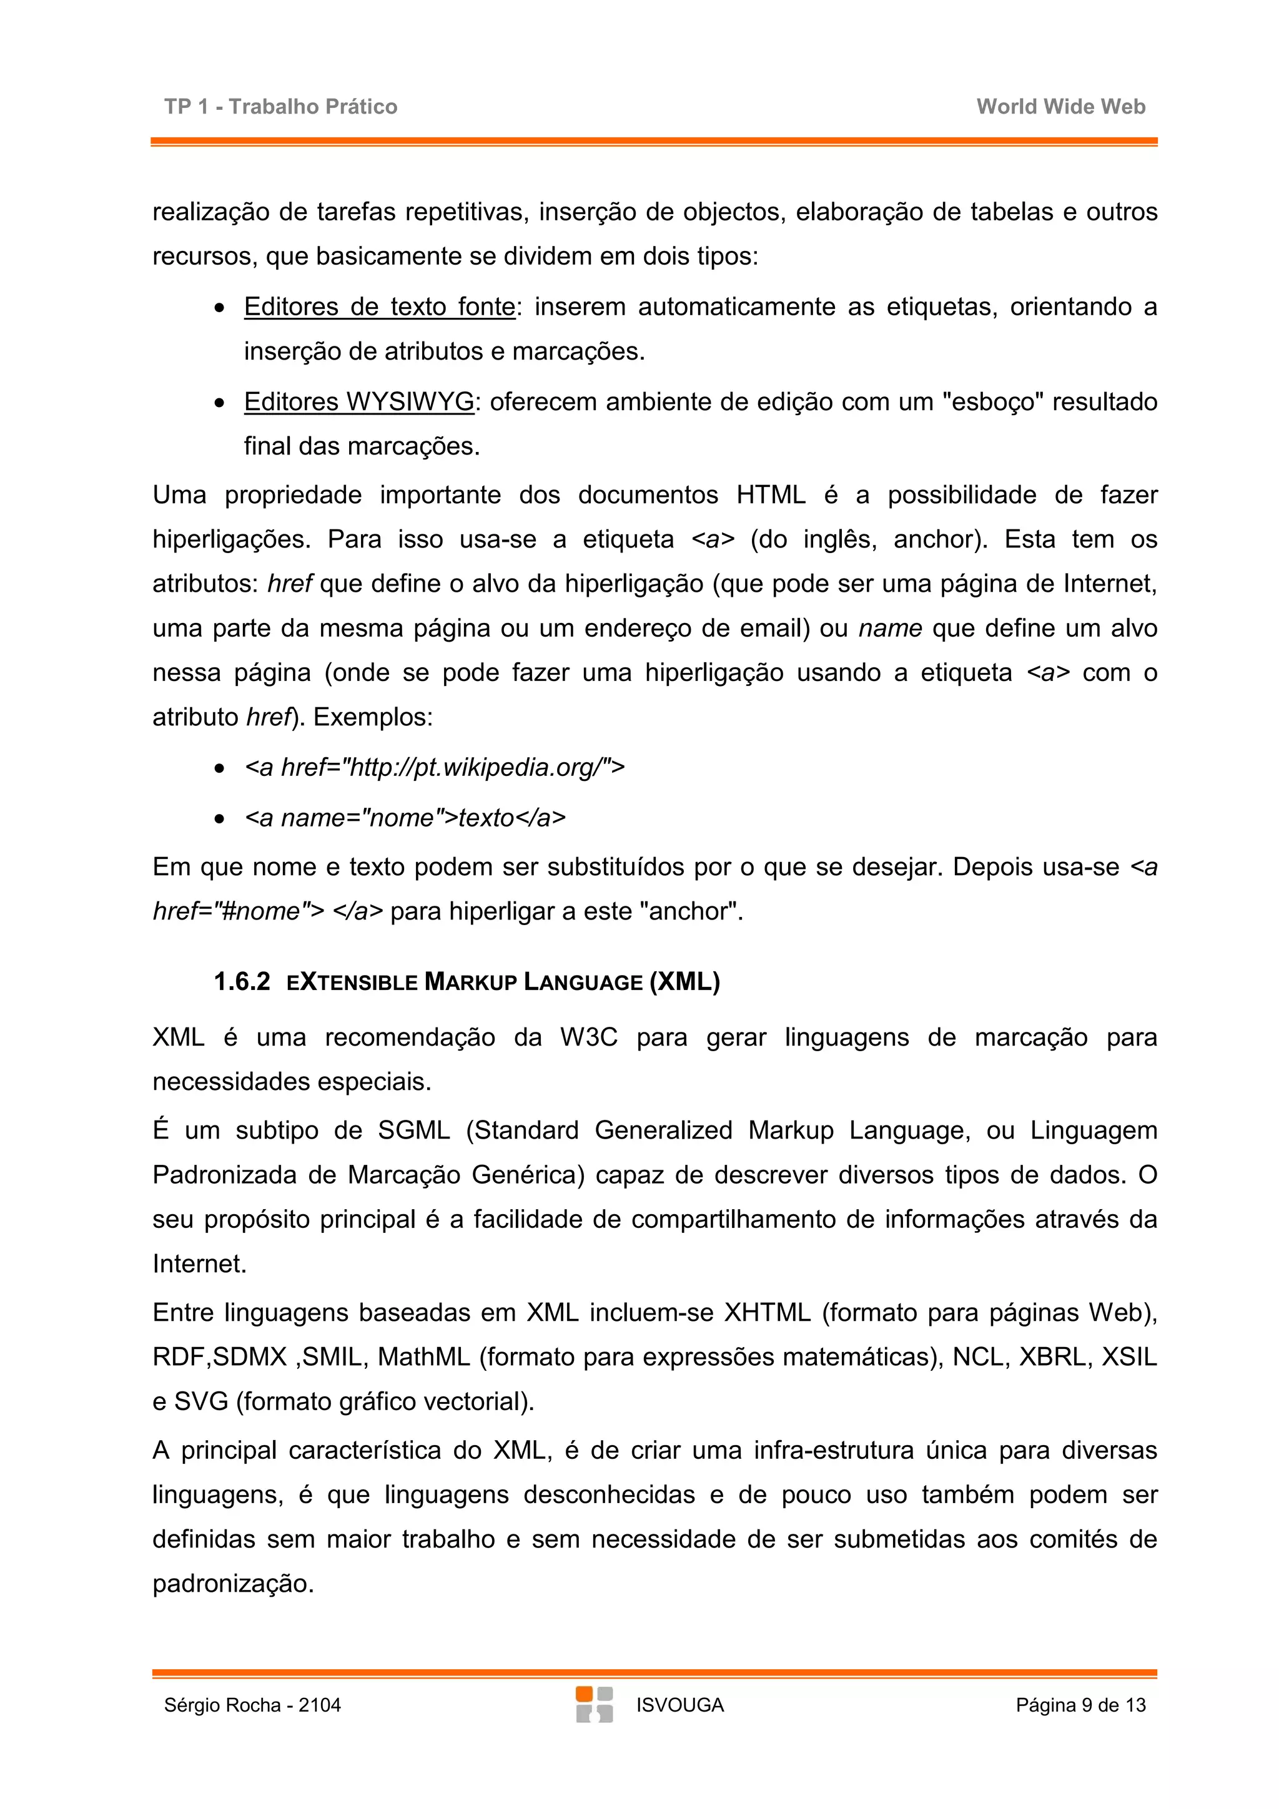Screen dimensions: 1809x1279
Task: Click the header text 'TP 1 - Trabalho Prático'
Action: click(x=280, y=106)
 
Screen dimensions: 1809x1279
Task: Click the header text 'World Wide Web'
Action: click(x=1060, y=106)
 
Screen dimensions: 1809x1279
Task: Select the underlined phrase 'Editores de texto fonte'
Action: click(x=379, y=306)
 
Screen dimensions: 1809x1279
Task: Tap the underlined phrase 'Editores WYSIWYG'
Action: click(x=359, y=402)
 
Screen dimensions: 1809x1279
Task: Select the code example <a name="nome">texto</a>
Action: click(x=405, y=818)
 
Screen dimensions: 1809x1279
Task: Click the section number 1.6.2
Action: click(x=241, y=982)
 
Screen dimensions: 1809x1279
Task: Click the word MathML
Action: click(x=423, y=1357)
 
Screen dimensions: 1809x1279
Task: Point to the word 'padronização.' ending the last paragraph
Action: click(x=234, y=1584)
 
